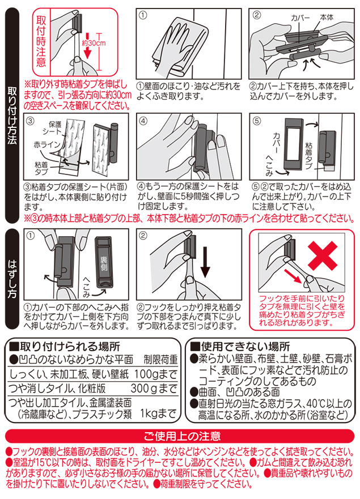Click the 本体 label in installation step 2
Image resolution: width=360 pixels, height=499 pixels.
click(329, 18)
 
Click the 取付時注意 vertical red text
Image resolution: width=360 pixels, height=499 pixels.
click(41, 40)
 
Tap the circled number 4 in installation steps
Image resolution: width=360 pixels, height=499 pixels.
click(143, 121)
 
